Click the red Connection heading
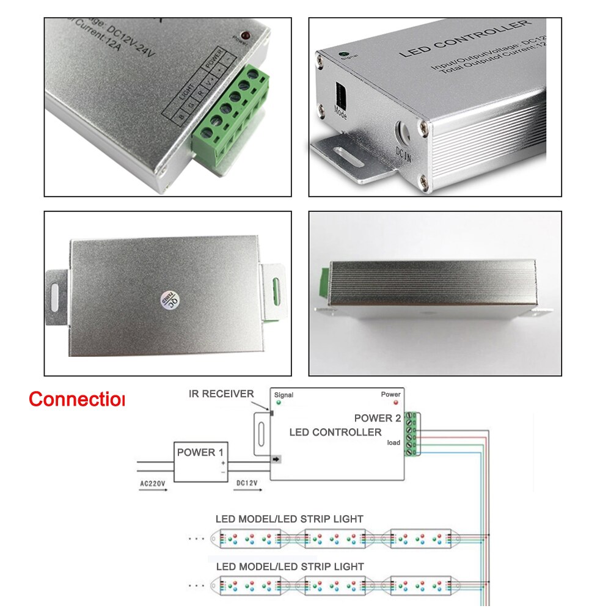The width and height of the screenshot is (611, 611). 76,400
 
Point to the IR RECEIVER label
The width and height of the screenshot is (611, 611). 221,394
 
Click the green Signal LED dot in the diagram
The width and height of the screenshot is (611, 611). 279,403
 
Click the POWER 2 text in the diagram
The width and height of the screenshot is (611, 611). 378,419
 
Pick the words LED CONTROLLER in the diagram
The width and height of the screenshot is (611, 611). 335,433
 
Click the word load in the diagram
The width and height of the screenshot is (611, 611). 394,443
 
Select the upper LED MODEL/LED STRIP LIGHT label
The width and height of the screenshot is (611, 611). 289,519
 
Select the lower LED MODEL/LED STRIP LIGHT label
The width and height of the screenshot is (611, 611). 289,567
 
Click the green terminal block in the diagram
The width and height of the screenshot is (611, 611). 414,434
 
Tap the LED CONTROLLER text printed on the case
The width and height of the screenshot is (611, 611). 464,39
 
